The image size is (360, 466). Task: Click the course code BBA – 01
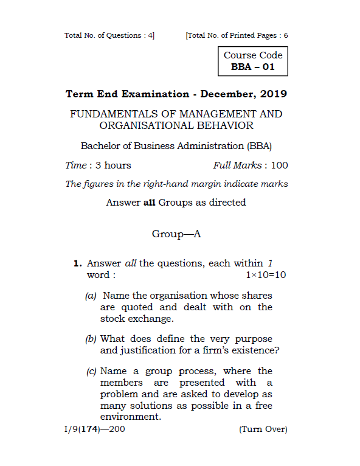pos(252,67)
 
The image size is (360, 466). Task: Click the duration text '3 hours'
pos(109,165)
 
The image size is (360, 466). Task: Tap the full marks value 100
pos(280,165)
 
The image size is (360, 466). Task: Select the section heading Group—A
pos(176,234)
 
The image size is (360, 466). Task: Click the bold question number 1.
pos(77,264)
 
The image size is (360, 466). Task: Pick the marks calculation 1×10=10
pos(266,275)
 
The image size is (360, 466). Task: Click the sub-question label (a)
pos(91,296)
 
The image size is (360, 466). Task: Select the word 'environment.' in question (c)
pos(131,417)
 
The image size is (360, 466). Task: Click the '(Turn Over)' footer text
pos(263,429)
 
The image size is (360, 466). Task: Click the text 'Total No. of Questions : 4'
pos(109,35)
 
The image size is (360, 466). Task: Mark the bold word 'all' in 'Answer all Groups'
pos(150,203)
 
